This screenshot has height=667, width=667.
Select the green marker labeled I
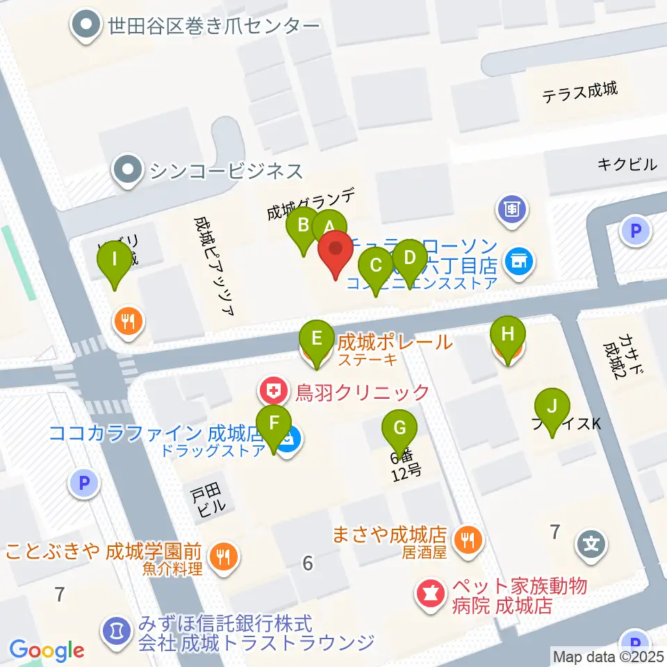pos(115,263)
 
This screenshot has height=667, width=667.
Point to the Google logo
pos(47,650)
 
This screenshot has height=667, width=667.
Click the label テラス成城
pos(580,90)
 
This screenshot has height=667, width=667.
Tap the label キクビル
pos(627,165)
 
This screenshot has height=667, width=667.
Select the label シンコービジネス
pos(222,170)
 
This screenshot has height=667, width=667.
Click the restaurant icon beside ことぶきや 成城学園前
pos(222,555)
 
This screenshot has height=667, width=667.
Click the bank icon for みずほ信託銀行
pos(114,631)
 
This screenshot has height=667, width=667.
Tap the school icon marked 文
pos(590,541)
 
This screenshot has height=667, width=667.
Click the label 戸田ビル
pos(206,500)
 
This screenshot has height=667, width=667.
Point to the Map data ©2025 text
pos(609,655)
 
